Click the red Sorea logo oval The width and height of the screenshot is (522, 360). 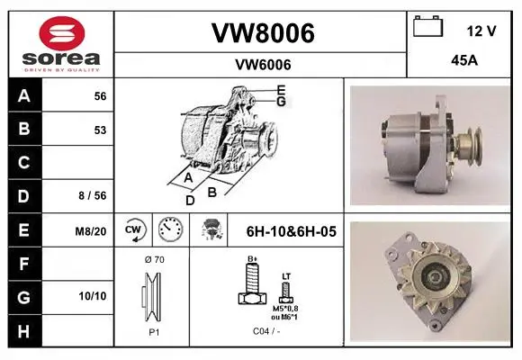pyautogui.click(x=62, y=33)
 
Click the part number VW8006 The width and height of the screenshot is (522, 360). pyautogui.click(x=263, y=33)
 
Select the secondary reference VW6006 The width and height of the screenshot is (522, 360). pyautogui.click(x=263, y=65)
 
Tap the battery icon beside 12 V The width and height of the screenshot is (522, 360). pyautogui.click(x=428, y=26)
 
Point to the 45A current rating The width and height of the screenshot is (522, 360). pyautogui.click(x=464, y=60)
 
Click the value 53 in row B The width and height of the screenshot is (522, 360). pyautogui.click(x=100, y=130)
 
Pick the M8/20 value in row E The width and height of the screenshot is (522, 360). pyautogui.click(x=91, y=231)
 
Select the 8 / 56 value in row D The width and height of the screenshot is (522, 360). pyautogui.click(x=93, y=195)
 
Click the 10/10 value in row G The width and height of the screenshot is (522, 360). pyautogui.click(x=93, y=296)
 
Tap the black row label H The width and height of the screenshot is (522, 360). pyautogui.click(x=24, y=331)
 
